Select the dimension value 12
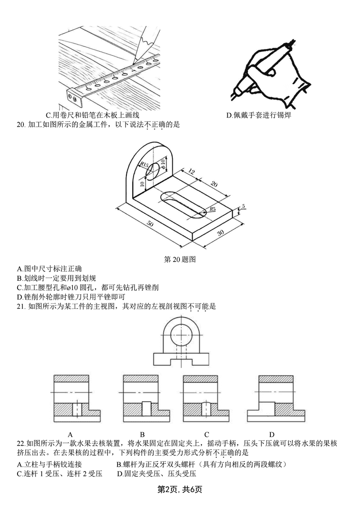click(x=191, y=171)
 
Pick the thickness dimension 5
click(x=243, y=207)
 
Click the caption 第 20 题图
click(x=180, y=259)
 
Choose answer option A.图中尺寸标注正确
click(x=49, y=269)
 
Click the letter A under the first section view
click(x=70, y=434)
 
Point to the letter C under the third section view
click(x=207, y=434)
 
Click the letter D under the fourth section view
click(x=272, y=434)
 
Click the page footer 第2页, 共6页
click(x=180, y=489)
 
